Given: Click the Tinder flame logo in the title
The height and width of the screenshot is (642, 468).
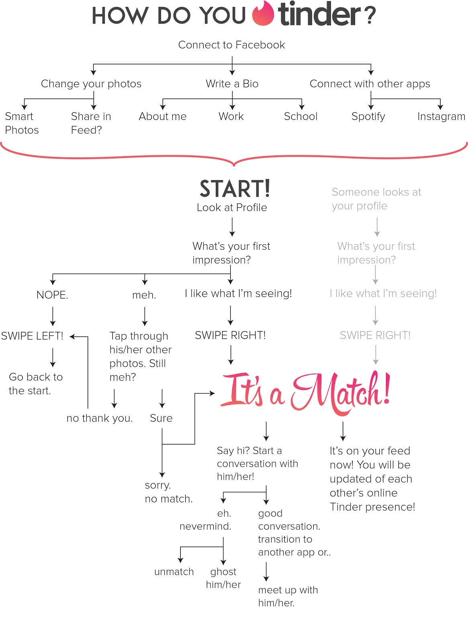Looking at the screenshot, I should coord(263,14).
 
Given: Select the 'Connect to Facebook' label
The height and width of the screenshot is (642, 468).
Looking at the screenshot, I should coord(231,45).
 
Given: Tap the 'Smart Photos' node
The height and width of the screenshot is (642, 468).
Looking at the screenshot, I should coord(22,123).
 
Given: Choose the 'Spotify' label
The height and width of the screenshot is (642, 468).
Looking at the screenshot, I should coord(368,116).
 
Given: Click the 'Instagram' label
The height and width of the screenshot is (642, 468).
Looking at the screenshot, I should coord(441,116).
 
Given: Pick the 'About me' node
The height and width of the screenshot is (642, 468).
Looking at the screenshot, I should coord(163,116).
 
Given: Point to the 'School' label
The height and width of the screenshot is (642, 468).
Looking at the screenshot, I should coord(300,116).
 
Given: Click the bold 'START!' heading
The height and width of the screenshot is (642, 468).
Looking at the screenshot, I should coord(235,189).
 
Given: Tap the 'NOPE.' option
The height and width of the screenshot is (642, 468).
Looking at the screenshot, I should coord(52,295).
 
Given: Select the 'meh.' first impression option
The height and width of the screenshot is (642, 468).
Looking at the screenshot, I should coord(144,295).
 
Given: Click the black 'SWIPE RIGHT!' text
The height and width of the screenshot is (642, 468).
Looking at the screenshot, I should coord(230,335).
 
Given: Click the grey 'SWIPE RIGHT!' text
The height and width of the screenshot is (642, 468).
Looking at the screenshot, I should coord(375,335).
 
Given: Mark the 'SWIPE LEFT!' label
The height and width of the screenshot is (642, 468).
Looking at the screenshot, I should coord(32,336).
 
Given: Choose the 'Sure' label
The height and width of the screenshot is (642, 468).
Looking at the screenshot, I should coord(161,418).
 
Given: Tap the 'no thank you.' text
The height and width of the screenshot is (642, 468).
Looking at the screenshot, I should coord(100,418).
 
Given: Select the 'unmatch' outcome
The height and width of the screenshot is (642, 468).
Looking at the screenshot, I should coord(174,571).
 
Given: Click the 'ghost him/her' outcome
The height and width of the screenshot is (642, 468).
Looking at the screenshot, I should coord(223,578).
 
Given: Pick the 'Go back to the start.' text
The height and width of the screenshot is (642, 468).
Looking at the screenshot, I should coord(36,384).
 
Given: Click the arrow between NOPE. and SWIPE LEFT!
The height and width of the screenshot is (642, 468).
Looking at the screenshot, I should coord(53,316).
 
